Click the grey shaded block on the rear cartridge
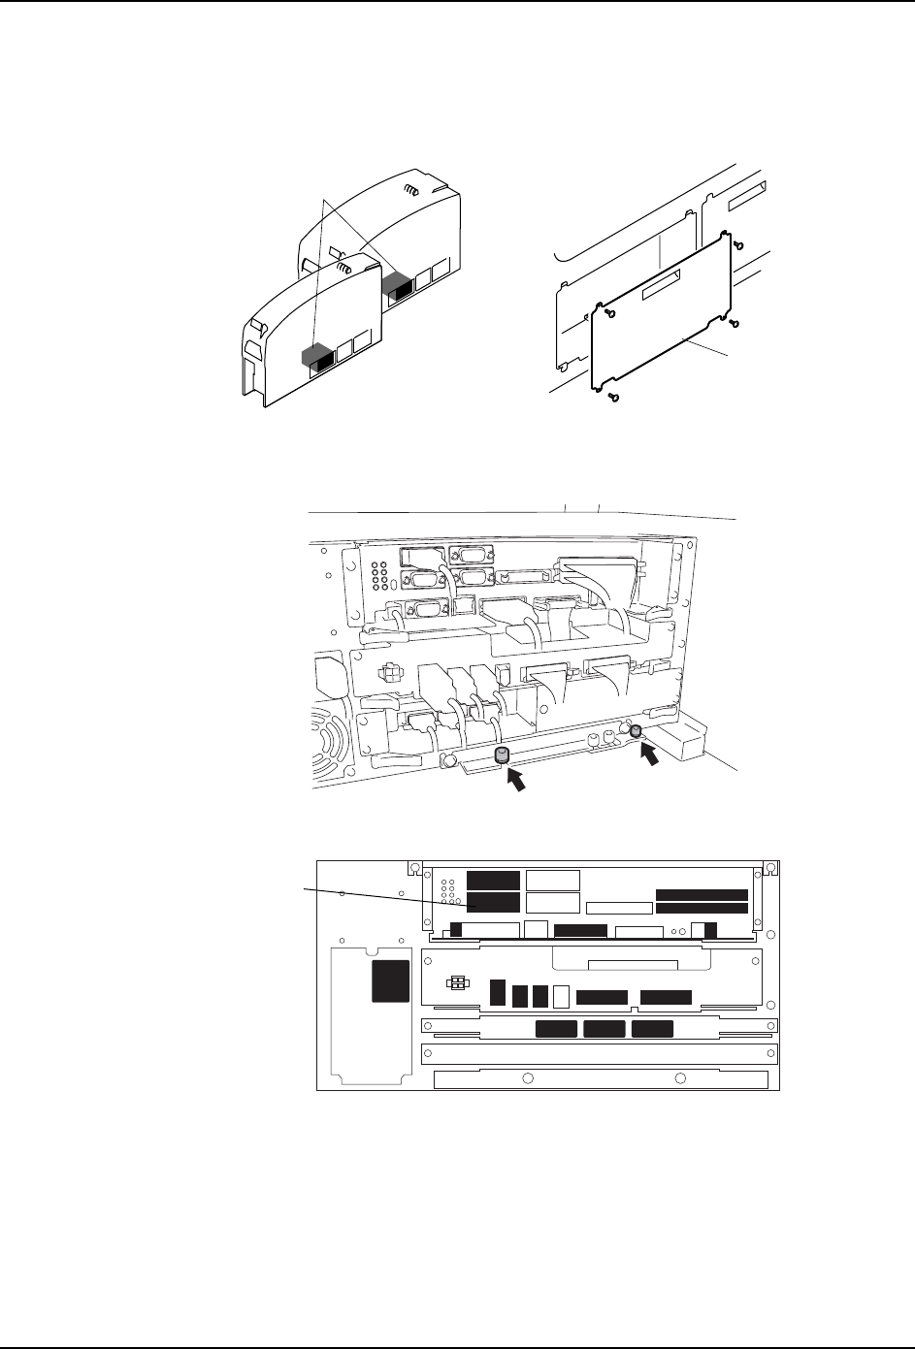(396, 283)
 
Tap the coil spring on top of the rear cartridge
(411, 192)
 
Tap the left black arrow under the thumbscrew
(520, 779)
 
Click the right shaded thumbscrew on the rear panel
(637, 731)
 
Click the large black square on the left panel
(392, 983)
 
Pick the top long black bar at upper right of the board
(702, 893)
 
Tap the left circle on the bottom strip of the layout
(526, 1077)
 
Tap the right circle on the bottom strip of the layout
(680, 1077)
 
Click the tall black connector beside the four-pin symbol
(498, 992)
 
